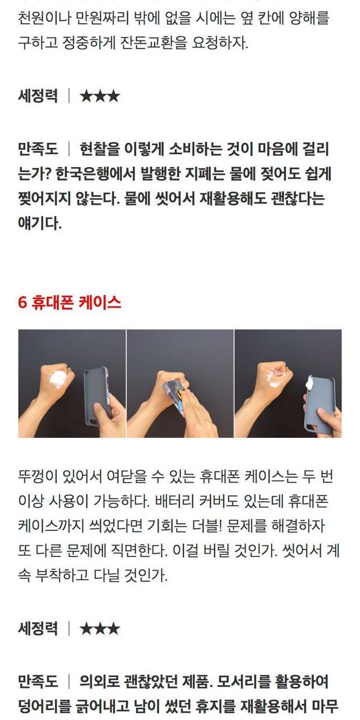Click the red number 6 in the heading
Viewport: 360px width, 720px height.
pyautogui.click(x=22, y=303)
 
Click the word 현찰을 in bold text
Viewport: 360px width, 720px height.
pyautogui.click(x=100, y=149)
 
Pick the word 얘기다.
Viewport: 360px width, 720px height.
pyautogui.click(x=39, y=223)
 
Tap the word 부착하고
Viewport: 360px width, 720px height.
pyautogui.click(x=61, y=575)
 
